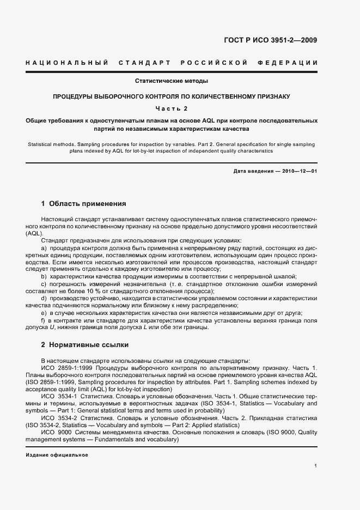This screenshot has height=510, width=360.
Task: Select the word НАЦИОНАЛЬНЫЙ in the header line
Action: [x=67, y=63]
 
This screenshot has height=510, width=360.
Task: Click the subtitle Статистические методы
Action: [x=172, y=81]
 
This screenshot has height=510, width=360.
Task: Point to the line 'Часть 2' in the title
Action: [x=172, y=108]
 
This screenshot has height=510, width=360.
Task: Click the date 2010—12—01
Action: [x=299, y=172]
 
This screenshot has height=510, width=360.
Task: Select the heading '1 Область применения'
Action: [x=83, y=204]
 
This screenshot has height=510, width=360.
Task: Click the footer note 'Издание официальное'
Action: [x=57, y=454]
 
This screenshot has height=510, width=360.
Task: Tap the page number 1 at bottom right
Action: [x=316, y=466]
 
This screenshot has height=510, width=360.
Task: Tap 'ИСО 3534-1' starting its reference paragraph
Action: [x=57, y=396]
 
